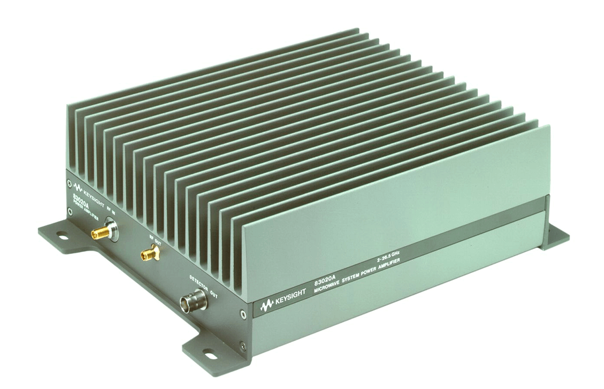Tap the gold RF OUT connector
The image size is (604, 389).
[x=149, y=255]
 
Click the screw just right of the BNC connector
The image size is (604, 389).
[x=243, y=315]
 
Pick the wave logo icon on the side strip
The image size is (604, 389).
[x=266, y=304]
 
